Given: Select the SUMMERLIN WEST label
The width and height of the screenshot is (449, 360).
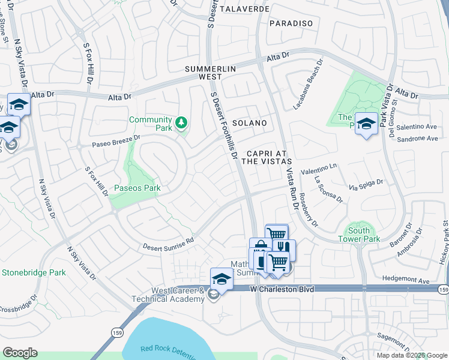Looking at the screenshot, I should [209, 73].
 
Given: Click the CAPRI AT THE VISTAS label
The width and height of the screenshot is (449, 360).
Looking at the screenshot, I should [267, 157].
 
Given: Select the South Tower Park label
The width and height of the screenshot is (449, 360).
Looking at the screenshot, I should [364, 235].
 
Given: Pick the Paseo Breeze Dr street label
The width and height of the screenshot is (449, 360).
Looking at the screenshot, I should [116, 140].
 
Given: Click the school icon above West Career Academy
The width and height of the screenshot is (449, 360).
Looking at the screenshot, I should [221, 278].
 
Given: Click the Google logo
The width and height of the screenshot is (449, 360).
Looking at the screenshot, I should [20, 352].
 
